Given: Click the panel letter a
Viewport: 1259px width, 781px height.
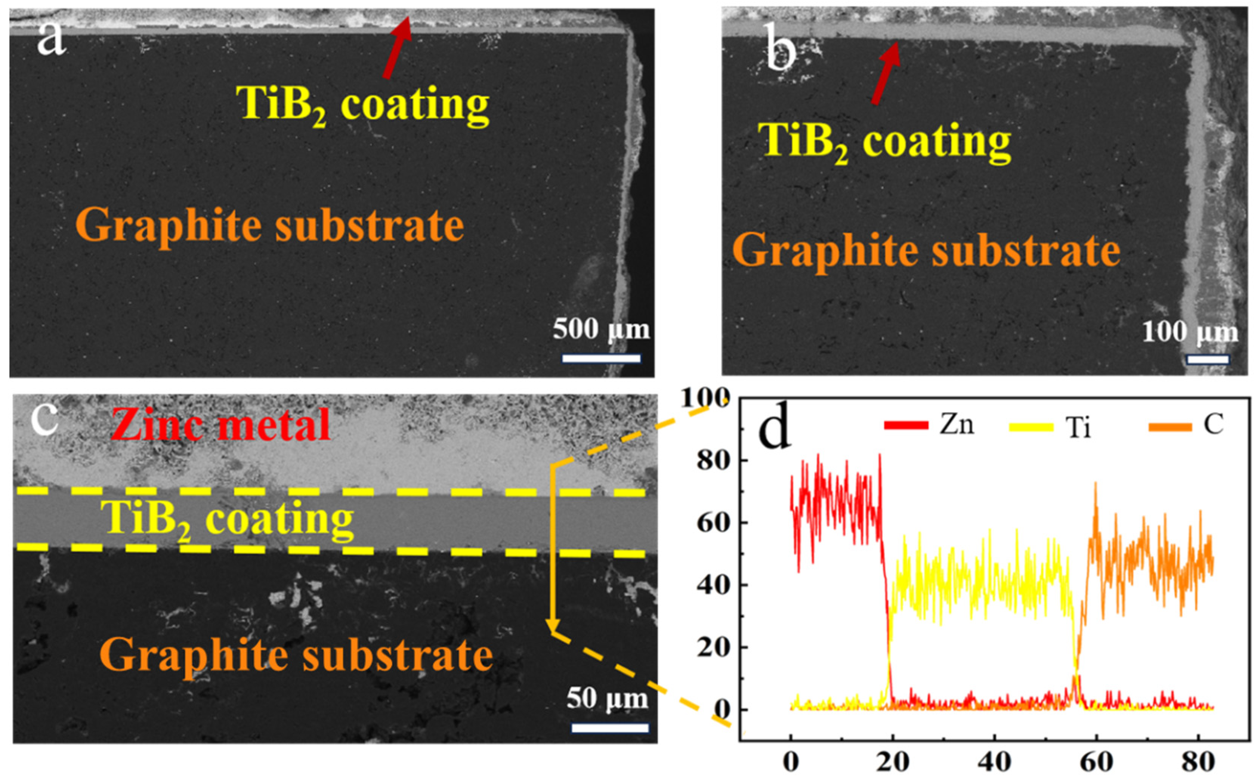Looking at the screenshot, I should coord(51,40).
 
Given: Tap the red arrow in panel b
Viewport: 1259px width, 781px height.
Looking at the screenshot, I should coord(886,72).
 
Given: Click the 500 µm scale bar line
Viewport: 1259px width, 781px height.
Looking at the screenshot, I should coord(601,358).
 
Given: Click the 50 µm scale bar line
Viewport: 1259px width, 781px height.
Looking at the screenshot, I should coord(609,728).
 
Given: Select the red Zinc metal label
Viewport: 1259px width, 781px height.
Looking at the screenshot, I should coord(222,425).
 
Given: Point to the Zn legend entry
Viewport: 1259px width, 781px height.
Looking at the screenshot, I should coord(930,425).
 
